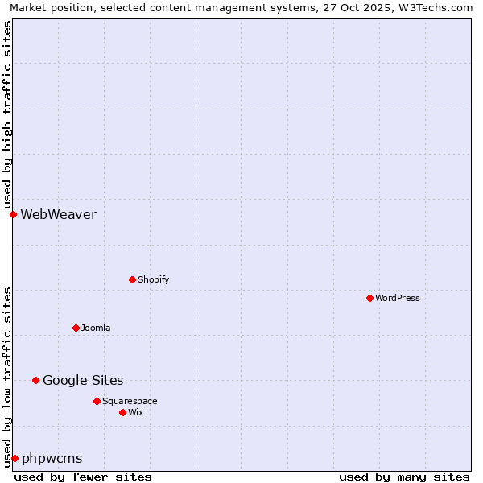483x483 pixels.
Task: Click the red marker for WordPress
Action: pos(369,298)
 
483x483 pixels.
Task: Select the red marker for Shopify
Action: pos(132,279)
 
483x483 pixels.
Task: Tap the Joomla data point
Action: pos(76,328)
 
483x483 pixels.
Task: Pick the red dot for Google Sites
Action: pos(35,380)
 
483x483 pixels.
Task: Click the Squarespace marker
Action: pos(97,401)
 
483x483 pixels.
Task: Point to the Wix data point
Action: pos(122,412)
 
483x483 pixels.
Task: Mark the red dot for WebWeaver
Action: pos(13,214)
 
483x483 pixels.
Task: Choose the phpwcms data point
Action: pos(14,458)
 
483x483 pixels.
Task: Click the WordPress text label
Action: pos(398,298)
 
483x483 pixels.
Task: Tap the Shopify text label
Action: pos(154,279)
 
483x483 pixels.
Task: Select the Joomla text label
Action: pos(96,328)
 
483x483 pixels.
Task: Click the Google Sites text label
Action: pos(83,380)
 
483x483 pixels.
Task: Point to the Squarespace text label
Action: pos(130,401)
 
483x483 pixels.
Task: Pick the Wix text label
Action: pos(136,412)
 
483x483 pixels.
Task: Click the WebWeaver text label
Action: pos(58,214)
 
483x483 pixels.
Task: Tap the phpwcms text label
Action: pos(52,458)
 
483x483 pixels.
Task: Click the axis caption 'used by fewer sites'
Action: pos(83,477)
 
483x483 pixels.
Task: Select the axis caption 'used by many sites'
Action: pos(404,477)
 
